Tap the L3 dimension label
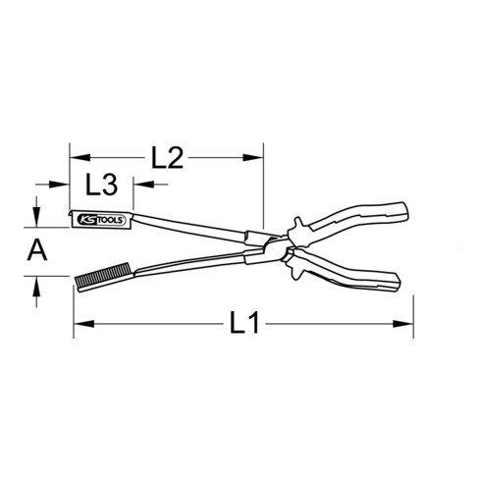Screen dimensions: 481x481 click(x=103, y=184)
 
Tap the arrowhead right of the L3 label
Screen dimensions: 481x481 click(x=141, y=183)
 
